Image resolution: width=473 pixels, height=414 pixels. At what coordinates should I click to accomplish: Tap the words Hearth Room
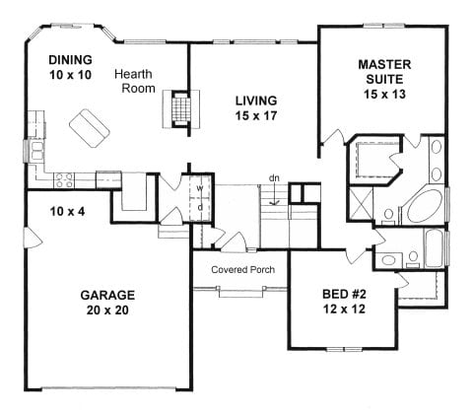tap(136, 82)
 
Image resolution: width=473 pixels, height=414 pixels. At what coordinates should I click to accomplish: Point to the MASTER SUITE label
tap(383, 70)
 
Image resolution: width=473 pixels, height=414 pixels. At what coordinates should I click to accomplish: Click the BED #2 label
tap(349, 295)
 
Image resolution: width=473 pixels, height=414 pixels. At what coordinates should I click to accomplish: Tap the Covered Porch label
tap(242, 269)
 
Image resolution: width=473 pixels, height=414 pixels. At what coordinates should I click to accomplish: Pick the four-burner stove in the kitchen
tap(64, 179)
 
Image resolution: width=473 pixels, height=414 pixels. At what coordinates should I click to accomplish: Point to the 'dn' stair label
tap(275, 178)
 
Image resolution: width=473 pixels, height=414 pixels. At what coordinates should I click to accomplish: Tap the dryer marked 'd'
tap(199, 206)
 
